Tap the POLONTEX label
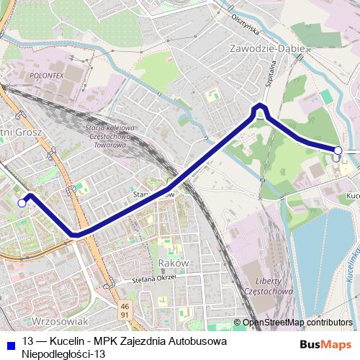point(48,74)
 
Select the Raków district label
point(173,263)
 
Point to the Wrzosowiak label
point(60,320)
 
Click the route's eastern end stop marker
point(338,150)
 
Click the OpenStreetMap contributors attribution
point(297,322)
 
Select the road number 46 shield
point(125,305)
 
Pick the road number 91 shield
point(125,315)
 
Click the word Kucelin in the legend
point(67,341)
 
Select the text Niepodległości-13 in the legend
point(63,354)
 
